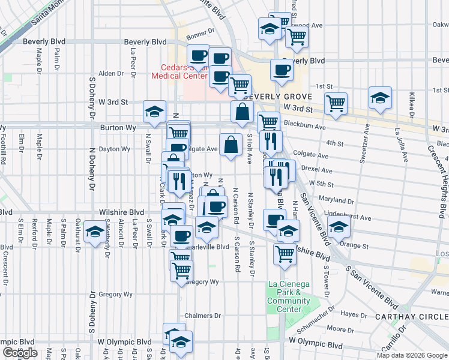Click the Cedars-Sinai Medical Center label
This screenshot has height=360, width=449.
(x=179, y=71)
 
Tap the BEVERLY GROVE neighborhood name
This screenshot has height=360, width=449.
(x=278, y=97)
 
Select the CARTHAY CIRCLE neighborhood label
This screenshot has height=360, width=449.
(x=410, y=317)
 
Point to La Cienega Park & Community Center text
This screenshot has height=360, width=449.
(x=289, y=296)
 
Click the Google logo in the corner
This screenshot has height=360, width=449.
(x=20, y=353)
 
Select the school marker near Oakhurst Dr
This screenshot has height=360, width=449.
(x=94, y=233)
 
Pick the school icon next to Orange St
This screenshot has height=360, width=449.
(x=339, y=227)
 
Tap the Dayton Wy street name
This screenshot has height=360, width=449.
(x=115, y=149)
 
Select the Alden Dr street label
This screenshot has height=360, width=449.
(x=110, y=74)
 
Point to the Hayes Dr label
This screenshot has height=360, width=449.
(x=349, y=314)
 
